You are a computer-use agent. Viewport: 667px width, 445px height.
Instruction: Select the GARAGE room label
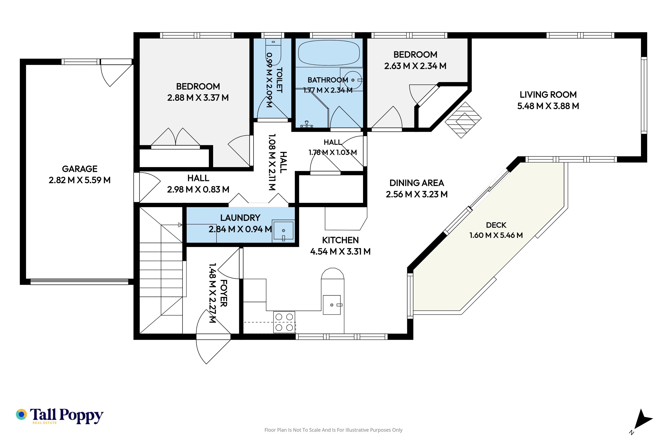coord(80,169)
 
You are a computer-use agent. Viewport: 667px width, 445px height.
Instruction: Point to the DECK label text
coord(496,225)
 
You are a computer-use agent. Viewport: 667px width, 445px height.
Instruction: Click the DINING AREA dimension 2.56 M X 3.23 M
coord(417,194)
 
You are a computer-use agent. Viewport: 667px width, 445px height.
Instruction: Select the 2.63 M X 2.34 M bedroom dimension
coord(415,66)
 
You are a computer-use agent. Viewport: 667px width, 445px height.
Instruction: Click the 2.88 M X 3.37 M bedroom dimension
coord(198,98)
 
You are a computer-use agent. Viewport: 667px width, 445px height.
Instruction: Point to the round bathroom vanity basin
coord(353,80)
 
